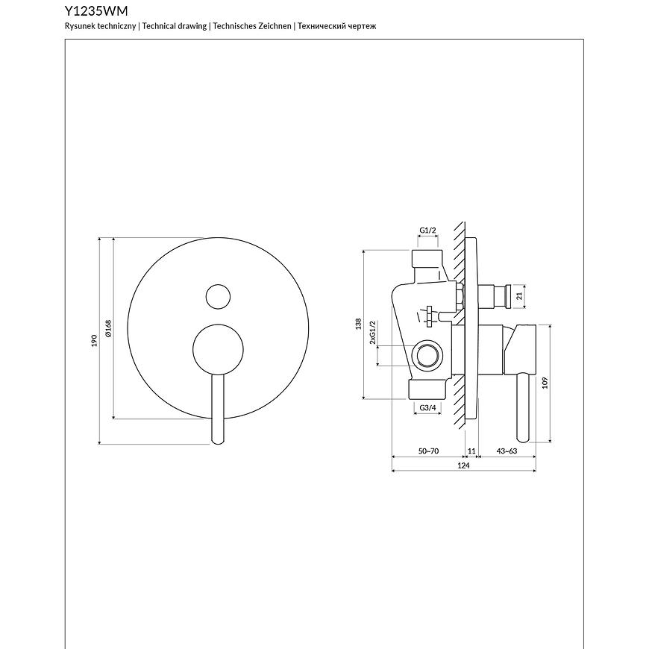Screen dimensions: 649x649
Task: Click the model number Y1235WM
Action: point(96,10)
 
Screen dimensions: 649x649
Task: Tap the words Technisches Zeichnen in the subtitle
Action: point(252,26)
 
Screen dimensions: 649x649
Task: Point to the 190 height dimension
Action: point(95,341)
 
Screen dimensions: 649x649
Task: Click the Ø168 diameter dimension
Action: point(109,328)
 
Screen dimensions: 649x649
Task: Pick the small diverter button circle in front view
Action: point(218,296)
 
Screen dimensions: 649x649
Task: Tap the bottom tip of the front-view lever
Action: point(218,445)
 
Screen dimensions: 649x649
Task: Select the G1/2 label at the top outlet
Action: point(428,230)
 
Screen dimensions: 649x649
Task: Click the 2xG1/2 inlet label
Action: point(372,333)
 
